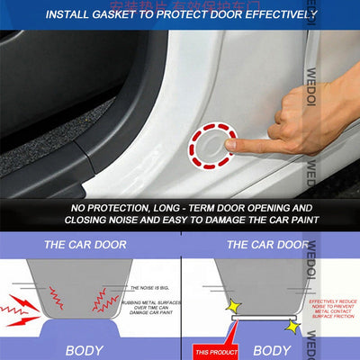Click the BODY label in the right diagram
pos(271,348)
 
